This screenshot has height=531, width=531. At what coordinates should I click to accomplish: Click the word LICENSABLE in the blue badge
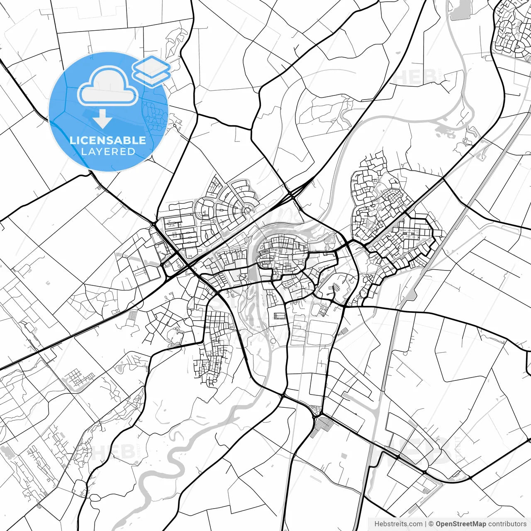point(108,140)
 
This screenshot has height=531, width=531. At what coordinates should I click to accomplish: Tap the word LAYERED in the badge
point(108,152)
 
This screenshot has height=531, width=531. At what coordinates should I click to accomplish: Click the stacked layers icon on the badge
point(151,71)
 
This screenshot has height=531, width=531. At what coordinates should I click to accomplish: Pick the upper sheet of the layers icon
point(151,66)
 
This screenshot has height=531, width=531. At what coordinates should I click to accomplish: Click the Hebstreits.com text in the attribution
point(398,524)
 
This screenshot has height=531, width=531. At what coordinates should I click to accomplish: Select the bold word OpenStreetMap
point(460,524)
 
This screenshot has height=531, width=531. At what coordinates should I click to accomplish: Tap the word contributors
point(507,524)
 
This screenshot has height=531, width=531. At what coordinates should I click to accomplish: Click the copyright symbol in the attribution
point(431,524)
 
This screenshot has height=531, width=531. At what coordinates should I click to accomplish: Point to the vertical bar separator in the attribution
point(426,524)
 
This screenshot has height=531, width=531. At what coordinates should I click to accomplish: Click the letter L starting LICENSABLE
point(72,140)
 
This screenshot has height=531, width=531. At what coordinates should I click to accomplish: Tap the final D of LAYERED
point(132,152)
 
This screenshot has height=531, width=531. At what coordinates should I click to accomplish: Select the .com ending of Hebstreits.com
point(415,524)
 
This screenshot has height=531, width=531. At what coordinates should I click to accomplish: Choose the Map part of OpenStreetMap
point(477,524)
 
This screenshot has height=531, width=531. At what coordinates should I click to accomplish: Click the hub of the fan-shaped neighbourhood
point(248,210)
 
